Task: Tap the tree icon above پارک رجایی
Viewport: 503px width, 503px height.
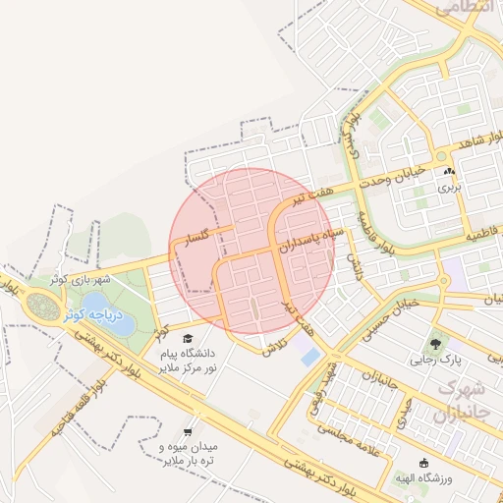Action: coord(432,344)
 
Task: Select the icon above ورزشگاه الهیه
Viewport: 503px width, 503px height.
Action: coord(424,463)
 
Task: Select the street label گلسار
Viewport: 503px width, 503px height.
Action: coord(190,239)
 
